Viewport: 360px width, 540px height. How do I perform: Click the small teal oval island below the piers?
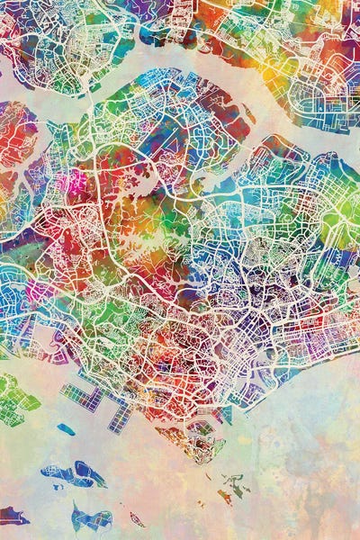[x=66, y=429]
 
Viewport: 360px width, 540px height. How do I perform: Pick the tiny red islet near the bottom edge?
[x=137, y=519]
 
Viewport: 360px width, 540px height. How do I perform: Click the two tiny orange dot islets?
[x=209, y=477]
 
